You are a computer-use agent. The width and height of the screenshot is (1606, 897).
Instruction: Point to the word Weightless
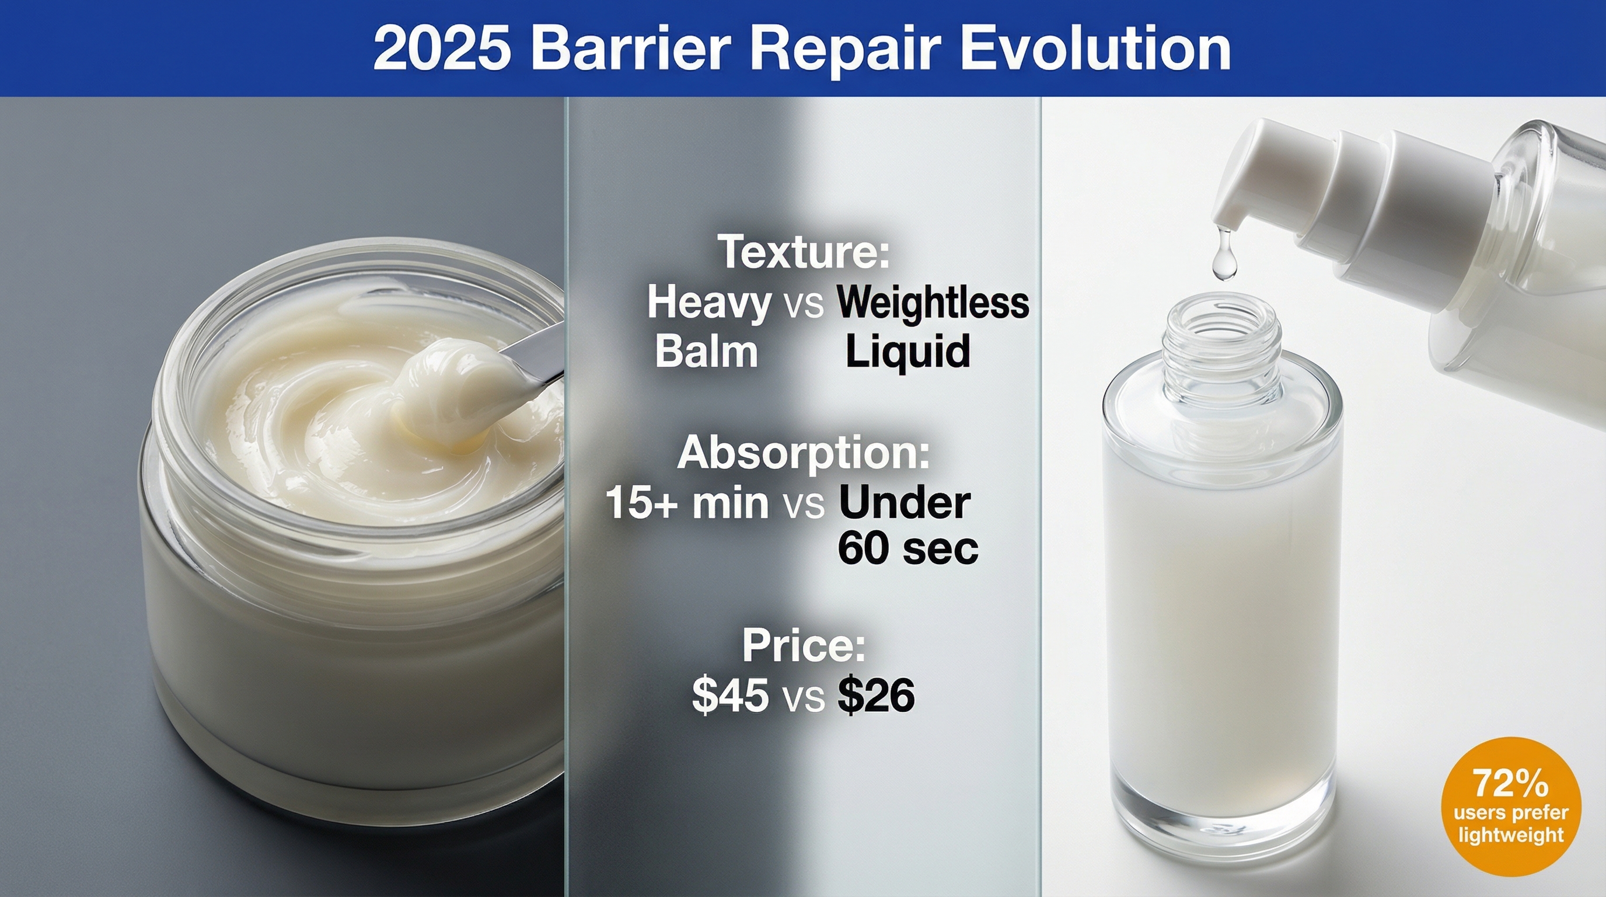coord(933,303)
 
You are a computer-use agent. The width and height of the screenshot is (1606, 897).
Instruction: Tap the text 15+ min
coord(687,502)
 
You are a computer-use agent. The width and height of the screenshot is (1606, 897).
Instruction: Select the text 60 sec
coord(907,548)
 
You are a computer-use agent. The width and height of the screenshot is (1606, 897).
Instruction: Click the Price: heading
coord(804,646)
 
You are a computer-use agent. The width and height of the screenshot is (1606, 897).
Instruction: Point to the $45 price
coord(730,696)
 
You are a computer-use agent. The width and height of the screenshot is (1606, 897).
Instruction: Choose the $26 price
coord(876,696)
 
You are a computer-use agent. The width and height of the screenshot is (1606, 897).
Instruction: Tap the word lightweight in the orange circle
coord(1511,835)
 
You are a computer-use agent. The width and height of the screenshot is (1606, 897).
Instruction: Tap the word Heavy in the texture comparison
coord(709,304)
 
